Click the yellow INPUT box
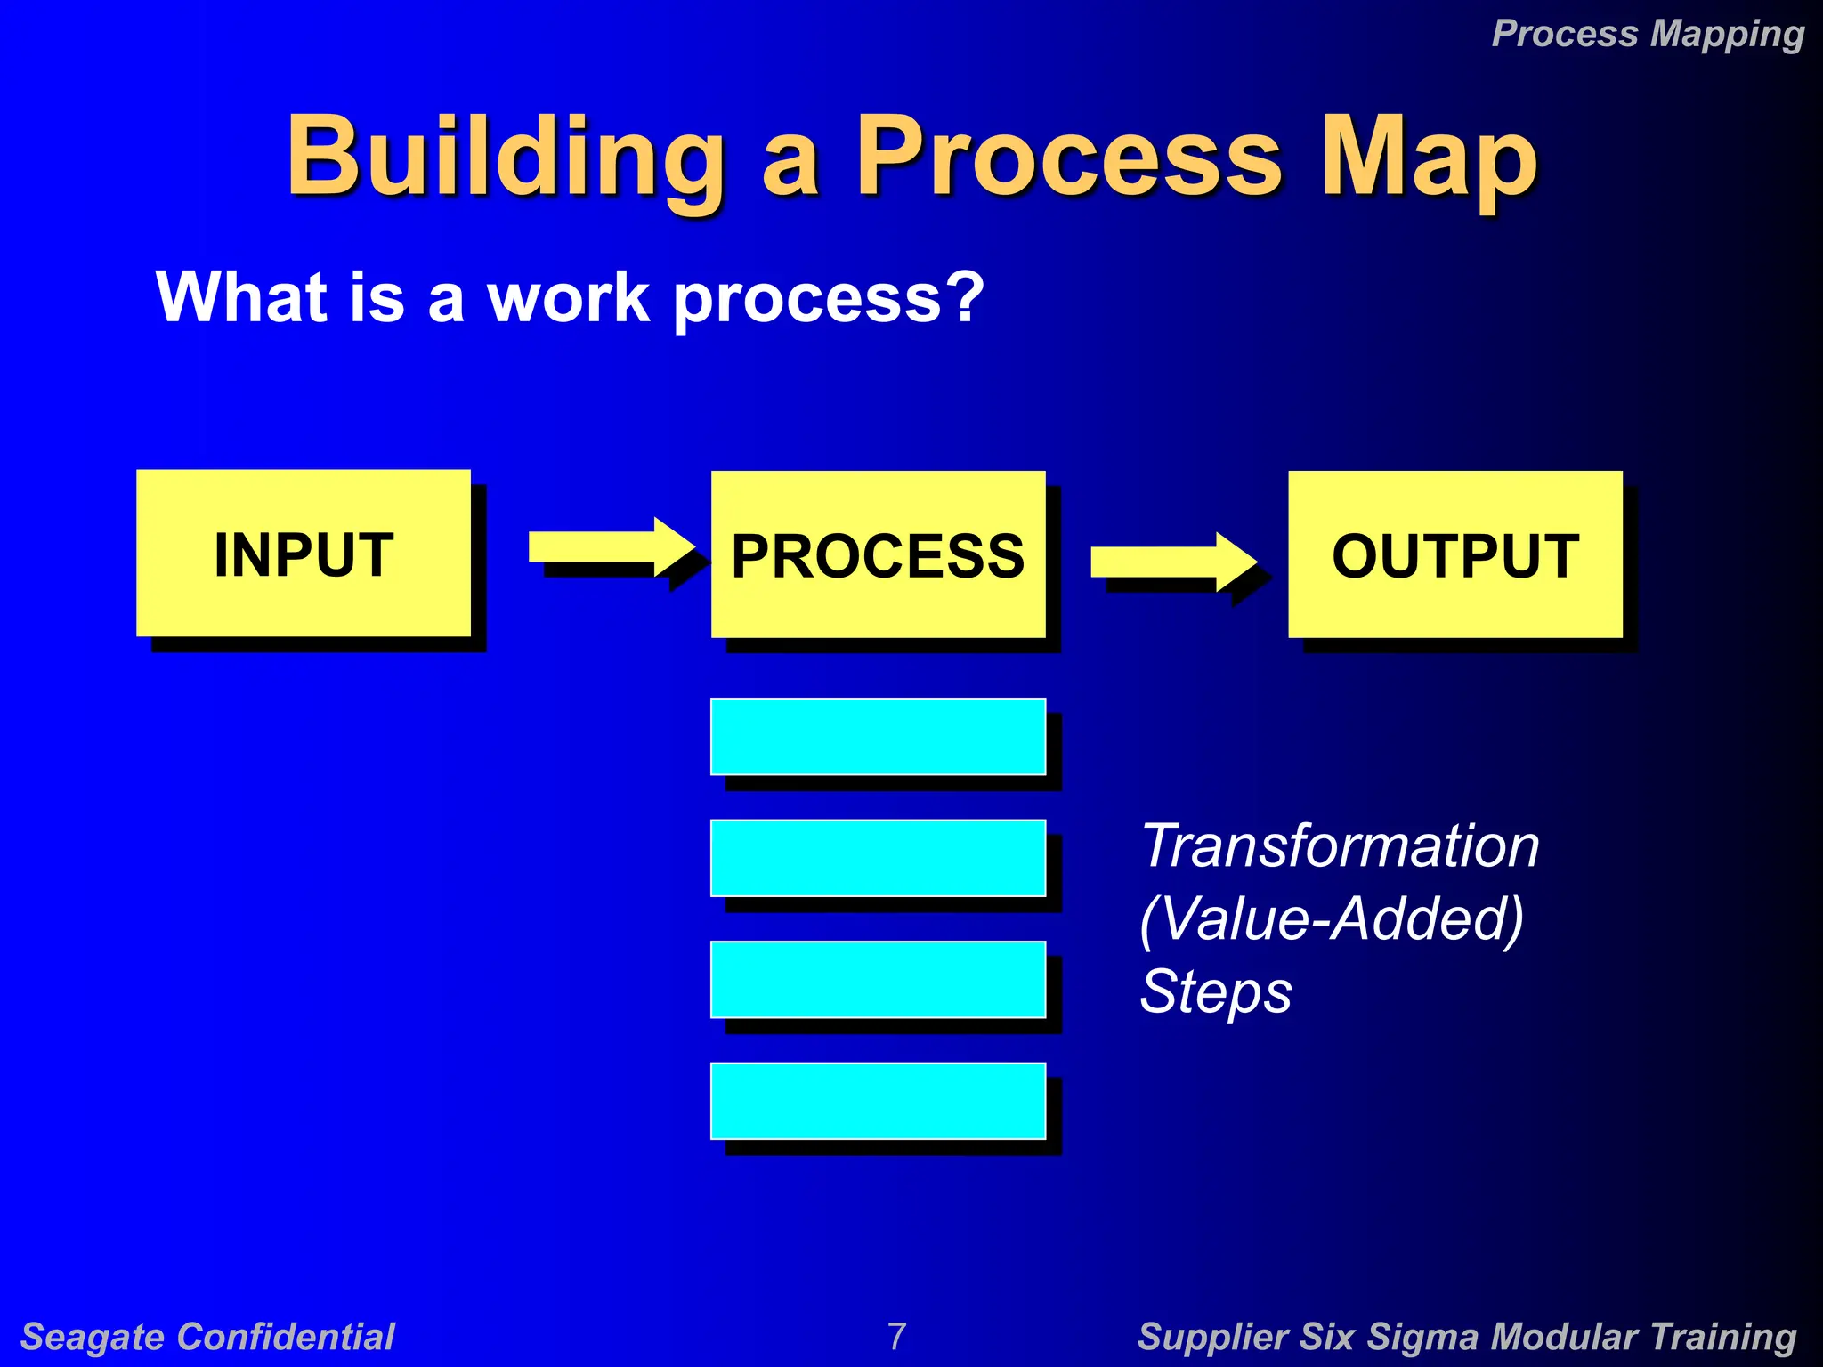point(303,553)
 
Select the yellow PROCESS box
point(878,554)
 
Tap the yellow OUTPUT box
point(1454,554)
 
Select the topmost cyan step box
point(878,736)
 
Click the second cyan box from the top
point(878,858)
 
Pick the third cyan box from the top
point(878,979)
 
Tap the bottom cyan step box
point(878,1101)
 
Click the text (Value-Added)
point(1332,918)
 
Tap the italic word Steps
point(1216,991)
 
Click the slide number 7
point(896,1336)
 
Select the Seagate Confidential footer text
point(207,1337)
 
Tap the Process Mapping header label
point(1647,34)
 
